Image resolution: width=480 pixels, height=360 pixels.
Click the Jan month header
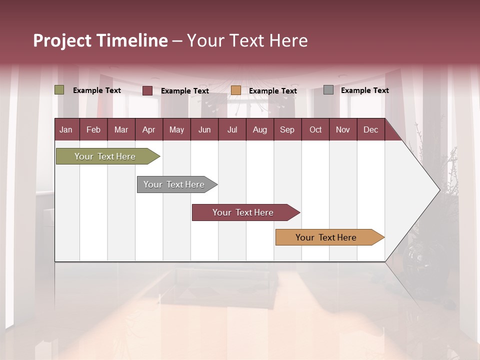(66, 129)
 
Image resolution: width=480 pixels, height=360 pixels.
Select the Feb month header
(93, 129)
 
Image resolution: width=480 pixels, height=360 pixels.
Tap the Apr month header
(149, 129)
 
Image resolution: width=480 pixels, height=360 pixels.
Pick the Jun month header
(204, 129)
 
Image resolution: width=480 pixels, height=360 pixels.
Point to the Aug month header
(260, 129)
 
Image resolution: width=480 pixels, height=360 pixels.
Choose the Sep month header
(287, 129)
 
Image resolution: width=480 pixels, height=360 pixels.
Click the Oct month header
(315, 129)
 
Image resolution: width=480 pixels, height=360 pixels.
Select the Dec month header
(371, 129)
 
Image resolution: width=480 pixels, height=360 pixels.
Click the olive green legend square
(59, 90)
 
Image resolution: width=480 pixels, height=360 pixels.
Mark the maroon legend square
(147, 90)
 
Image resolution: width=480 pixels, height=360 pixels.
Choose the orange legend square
(236, 90)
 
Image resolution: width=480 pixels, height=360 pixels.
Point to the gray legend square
(328, 90)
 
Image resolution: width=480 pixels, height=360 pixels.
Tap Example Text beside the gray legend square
(364, 90)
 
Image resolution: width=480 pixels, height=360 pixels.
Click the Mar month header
(121, 129)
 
